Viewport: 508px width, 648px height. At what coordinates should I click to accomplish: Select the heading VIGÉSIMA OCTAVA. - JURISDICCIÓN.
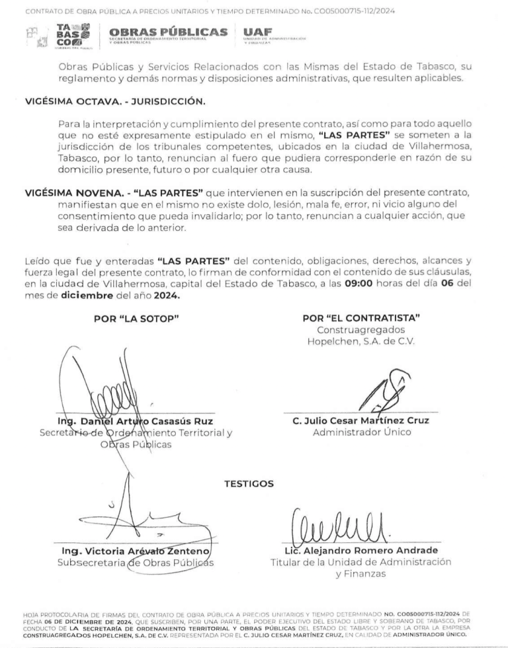coord(115,101)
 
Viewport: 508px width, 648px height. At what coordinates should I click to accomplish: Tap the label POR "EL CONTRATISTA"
coord(361,319)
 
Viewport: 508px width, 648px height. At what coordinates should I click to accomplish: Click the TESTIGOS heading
coord(249,483)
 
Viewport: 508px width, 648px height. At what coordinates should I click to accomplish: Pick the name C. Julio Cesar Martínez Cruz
coord(360,421)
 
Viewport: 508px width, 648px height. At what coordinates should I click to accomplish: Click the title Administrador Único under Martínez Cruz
coord(361,432)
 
